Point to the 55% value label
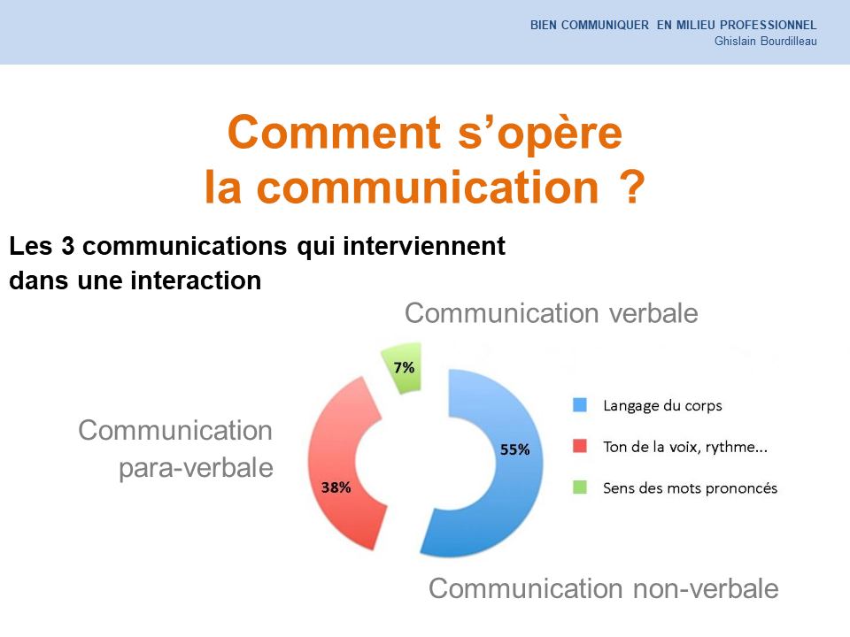click(x=514, y=449)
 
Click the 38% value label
click(x=336, y=487)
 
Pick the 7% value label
click(x=404, y=368)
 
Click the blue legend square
click(x=580, y=404)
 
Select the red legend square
click(x=580, y=446)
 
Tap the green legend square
click(x=580, y=487)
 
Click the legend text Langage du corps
click(x=662, y=406)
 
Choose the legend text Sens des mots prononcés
click(x=690, y=488)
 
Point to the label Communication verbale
click(x=552, y=313)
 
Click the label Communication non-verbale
click(x=603, y=588)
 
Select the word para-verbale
click(x=196, y=468)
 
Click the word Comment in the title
click(x=335, y=133)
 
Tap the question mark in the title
click(x=632, y=187)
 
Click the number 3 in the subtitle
click(x=68, y=246)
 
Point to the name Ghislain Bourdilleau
click(x=765, y=42)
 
